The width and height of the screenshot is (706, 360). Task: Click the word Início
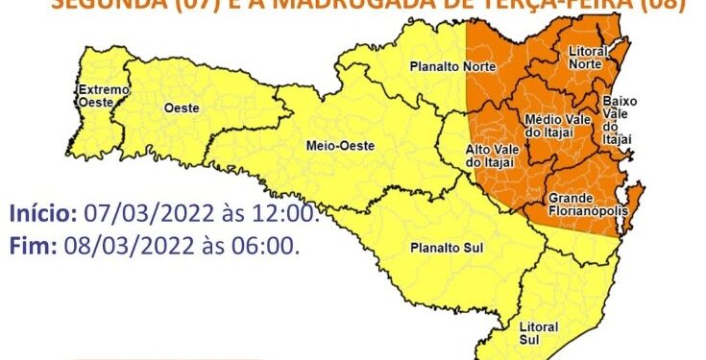click(44, 213)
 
